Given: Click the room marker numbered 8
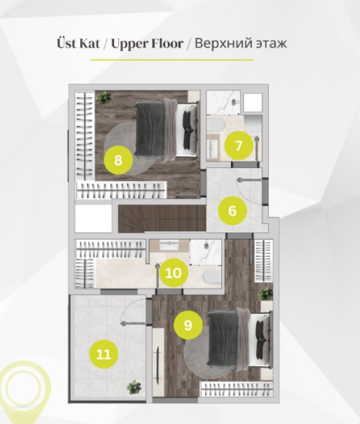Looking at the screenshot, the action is [118, 160].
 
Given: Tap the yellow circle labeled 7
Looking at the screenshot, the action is [239, 145].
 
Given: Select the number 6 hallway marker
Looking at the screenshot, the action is [232, 211].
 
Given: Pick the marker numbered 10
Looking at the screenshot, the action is [173, 273].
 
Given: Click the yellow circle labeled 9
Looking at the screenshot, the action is [188, 325].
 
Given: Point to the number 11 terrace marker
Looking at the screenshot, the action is [104, 354].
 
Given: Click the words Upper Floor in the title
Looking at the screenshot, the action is [148, 44].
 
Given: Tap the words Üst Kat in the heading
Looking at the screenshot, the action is [78, 43].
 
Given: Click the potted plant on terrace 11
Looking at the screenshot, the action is [134, 387].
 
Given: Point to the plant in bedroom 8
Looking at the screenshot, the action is [104, 97].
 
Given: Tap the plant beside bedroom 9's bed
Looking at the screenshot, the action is [266, 293].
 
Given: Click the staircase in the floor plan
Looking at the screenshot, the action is [162, 219].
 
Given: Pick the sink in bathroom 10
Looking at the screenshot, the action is [169, 246].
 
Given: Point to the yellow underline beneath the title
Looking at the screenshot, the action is [172, 60].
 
